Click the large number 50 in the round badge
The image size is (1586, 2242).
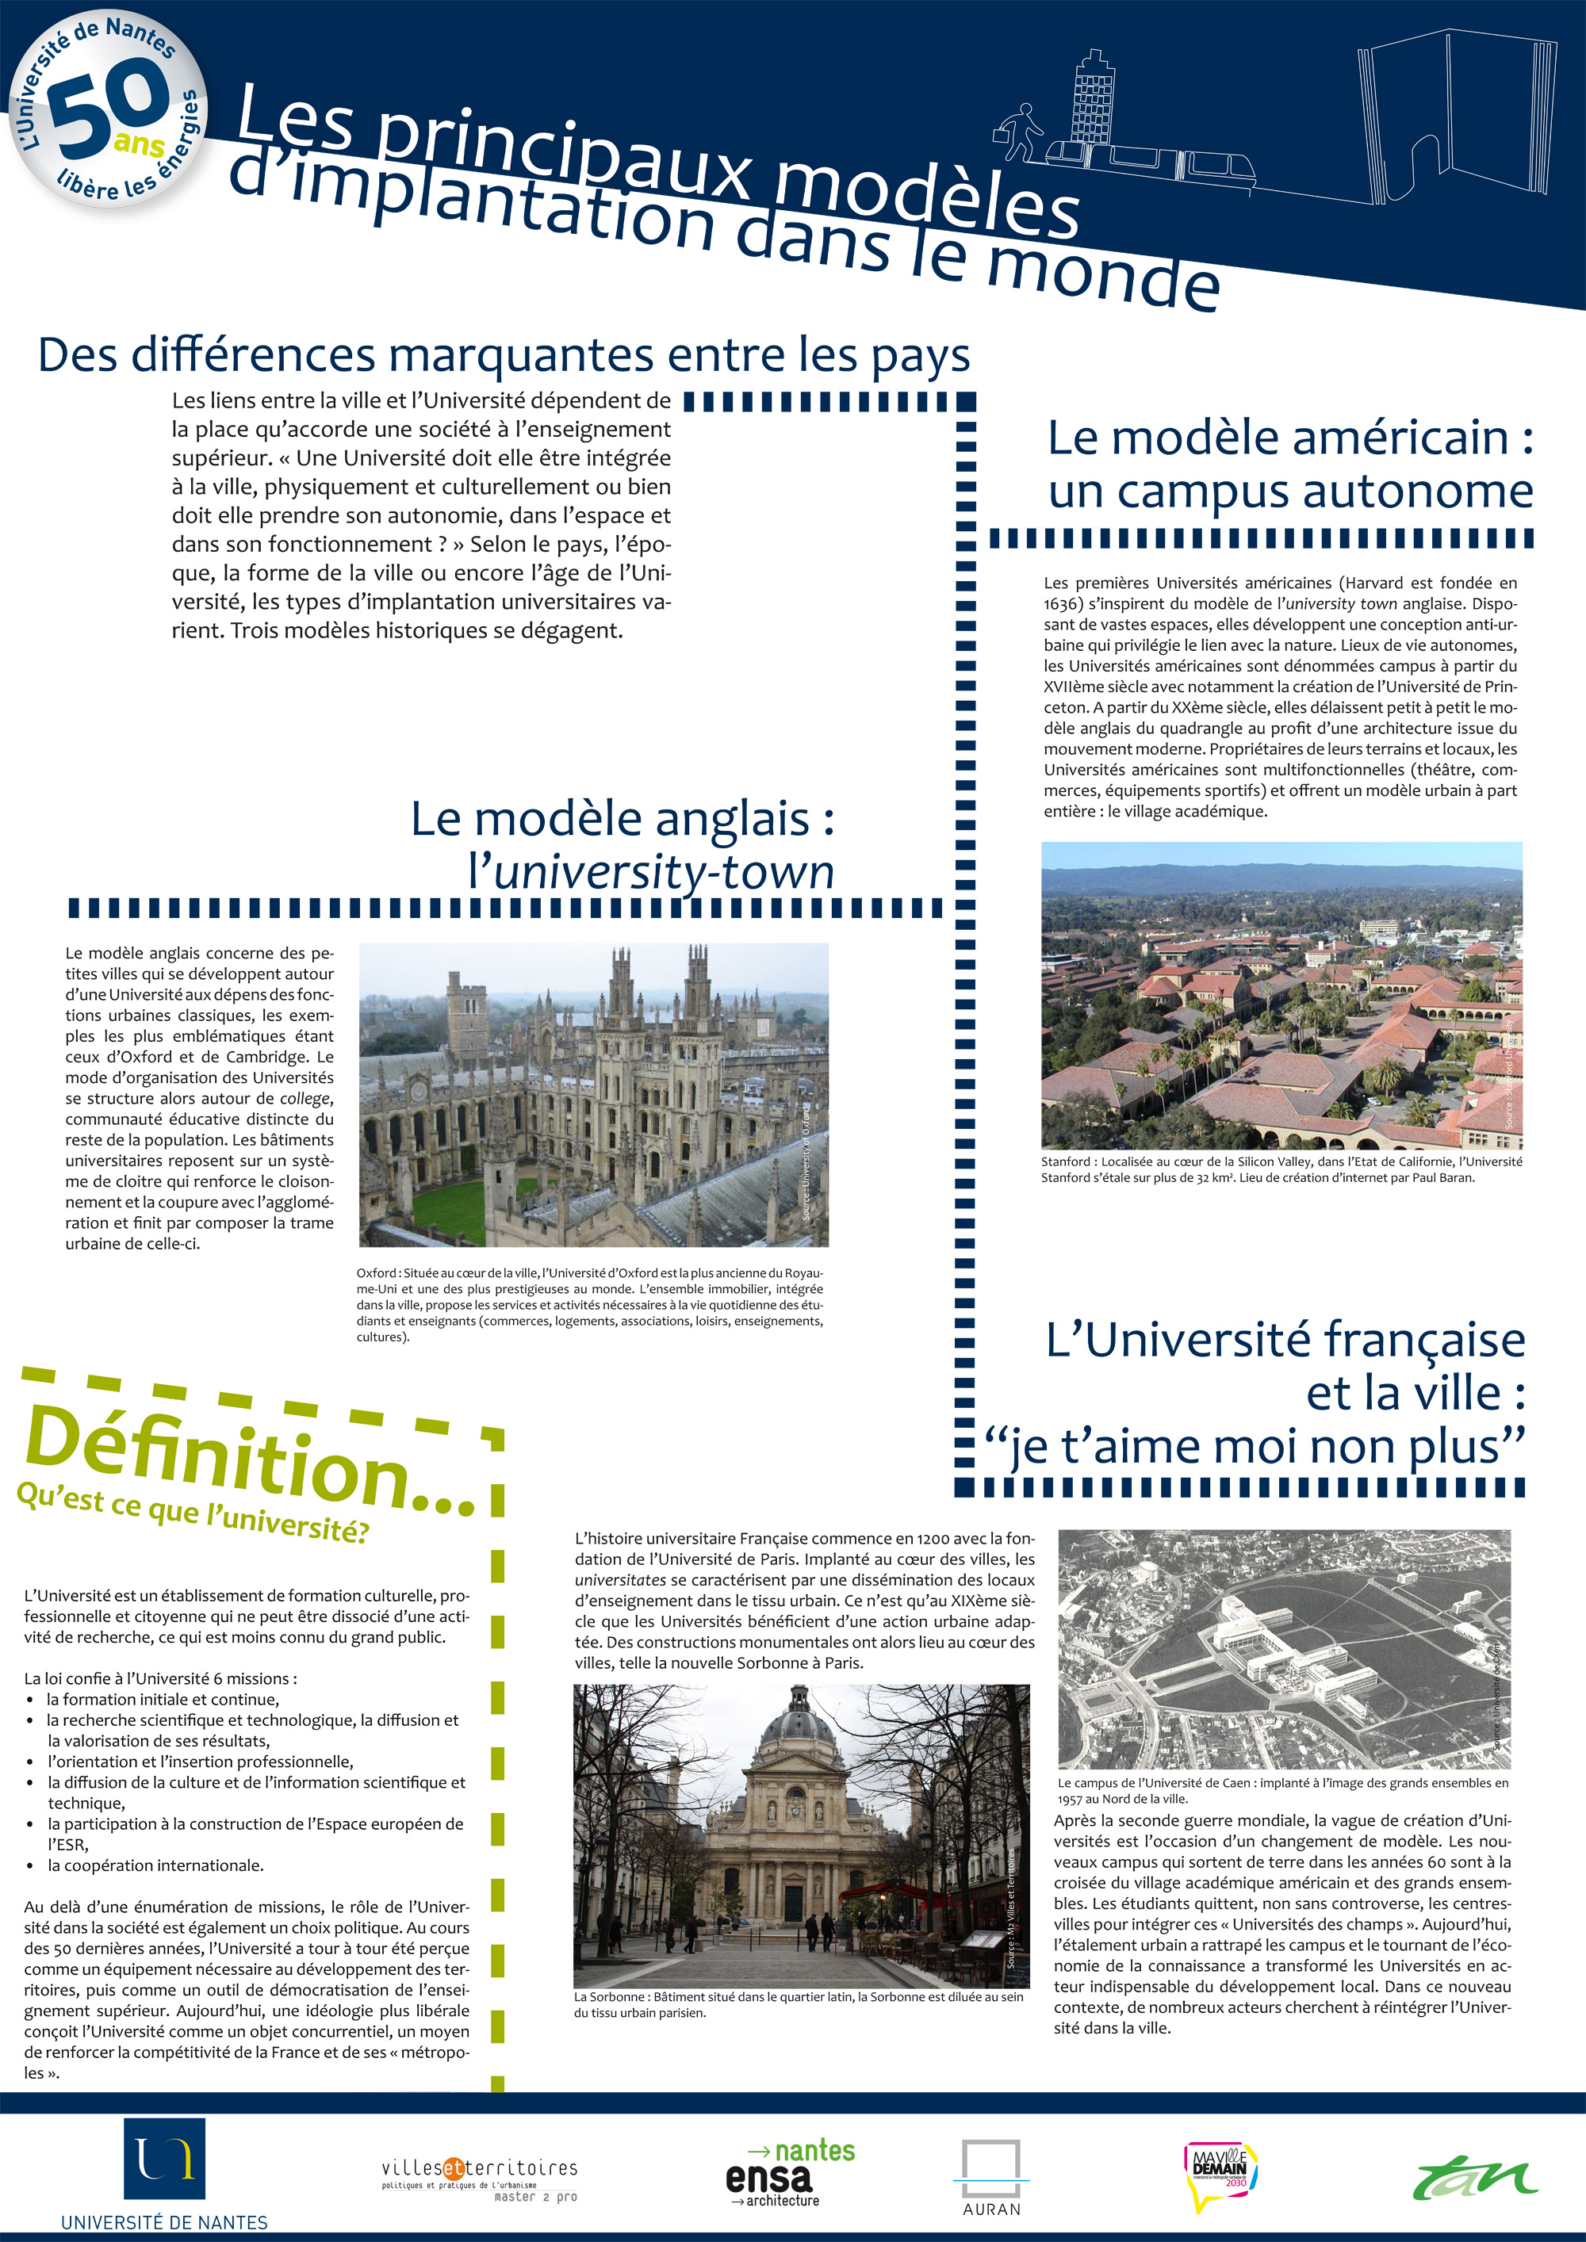coord(105,107)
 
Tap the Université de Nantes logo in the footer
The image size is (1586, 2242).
coord(164,2161)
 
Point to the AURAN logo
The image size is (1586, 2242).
coord(990,2175)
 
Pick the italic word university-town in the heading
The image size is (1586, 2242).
coord(664,871)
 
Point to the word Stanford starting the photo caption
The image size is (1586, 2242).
coord(1064,1162)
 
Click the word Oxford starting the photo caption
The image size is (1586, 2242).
coord(376,1273)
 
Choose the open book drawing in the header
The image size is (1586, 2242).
coord(1455,113)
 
